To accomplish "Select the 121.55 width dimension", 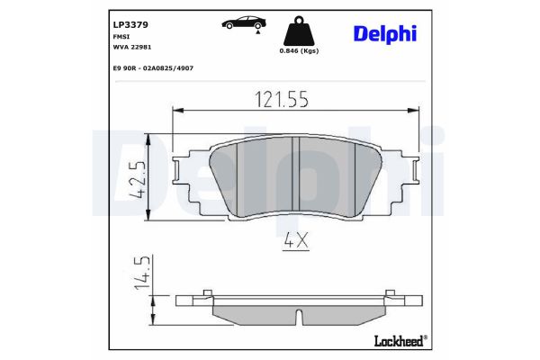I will [279, 99].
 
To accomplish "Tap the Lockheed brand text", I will [398, 341].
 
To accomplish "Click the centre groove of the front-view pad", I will [297, 177].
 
